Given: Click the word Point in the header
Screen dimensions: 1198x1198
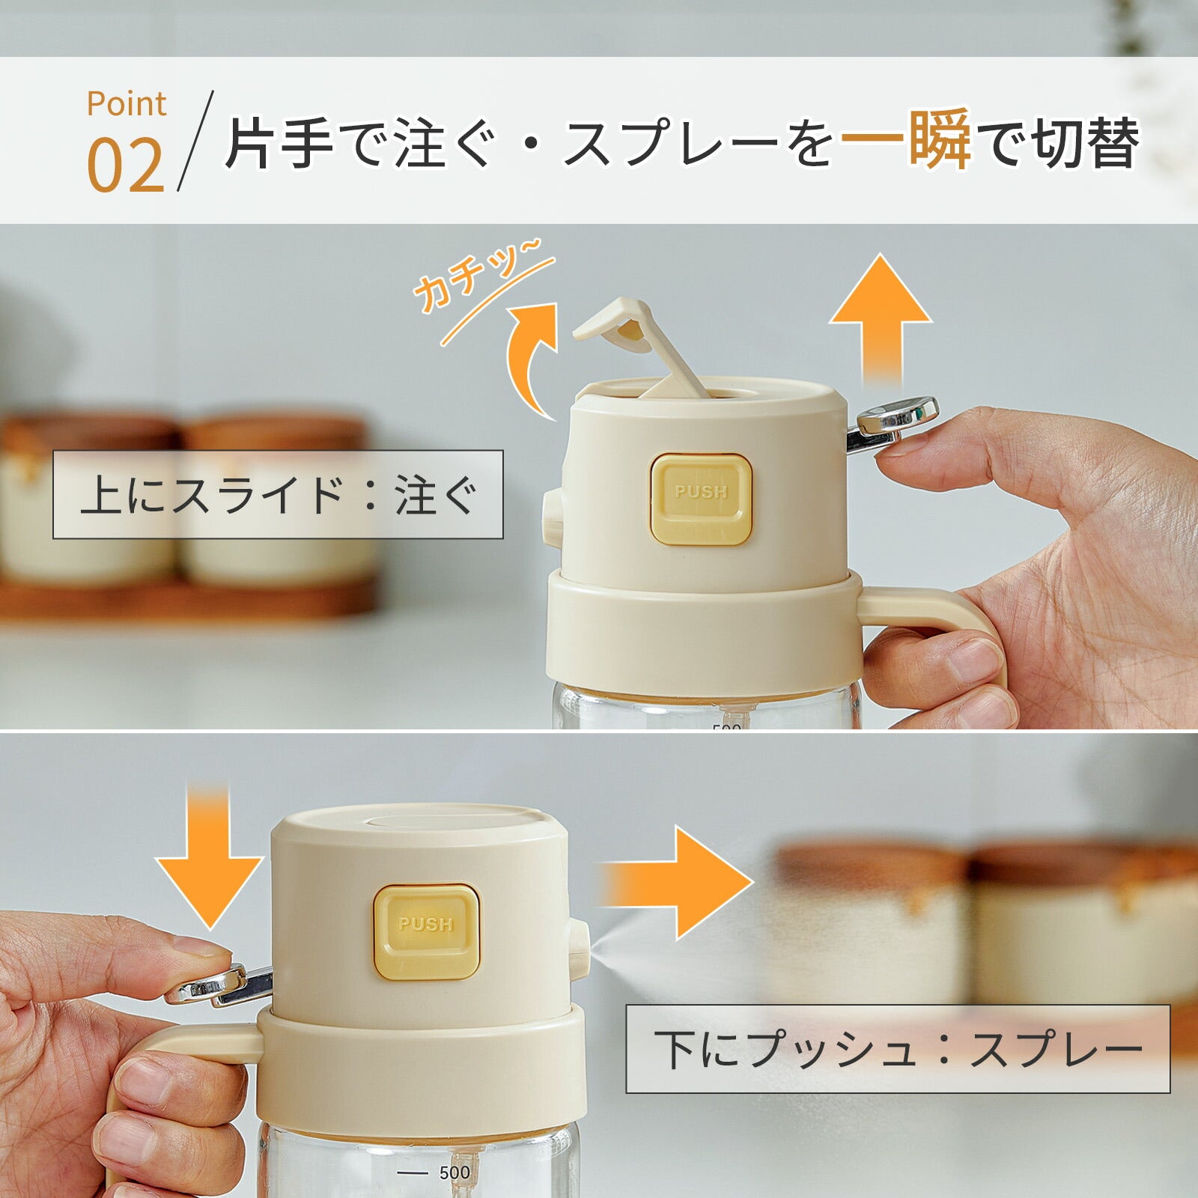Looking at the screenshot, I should click(126, 104).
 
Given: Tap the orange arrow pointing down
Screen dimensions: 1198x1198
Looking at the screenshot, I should click(209, 857).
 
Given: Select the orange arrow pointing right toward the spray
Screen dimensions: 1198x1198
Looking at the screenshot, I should click(678, 884).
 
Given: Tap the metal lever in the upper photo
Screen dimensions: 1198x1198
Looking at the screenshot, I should click(895, 419).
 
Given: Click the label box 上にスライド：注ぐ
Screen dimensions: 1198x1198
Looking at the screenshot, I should click(278, 494).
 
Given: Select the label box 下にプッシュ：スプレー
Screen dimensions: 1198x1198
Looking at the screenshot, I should click(897, 1049).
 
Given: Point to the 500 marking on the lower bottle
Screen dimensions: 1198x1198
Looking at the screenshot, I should click(454, 1173).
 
